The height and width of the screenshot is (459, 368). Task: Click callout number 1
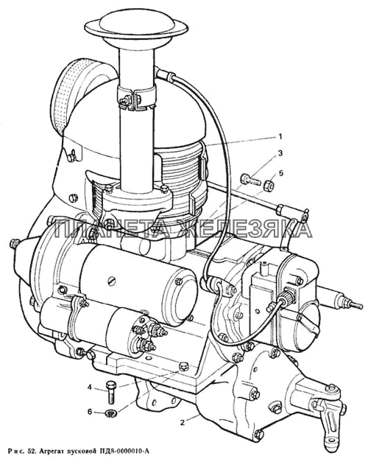[280, 137]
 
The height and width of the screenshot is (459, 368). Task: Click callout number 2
[183, 423]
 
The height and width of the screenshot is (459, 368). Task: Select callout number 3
[280, 153]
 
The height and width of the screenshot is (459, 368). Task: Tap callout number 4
[90, 388]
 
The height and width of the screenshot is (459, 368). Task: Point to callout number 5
[281, 173]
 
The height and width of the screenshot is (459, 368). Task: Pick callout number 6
[90, 412]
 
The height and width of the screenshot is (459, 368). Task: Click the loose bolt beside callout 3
[251, 179]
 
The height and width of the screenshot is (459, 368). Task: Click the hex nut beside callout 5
[269, 186]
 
